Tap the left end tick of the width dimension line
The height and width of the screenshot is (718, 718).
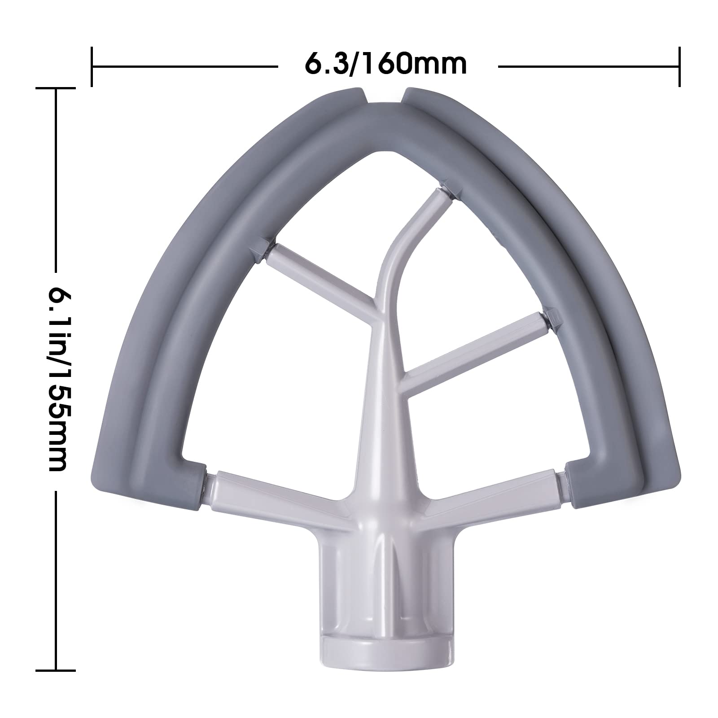[92, 66]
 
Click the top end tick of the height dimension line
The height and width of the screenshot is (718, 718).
[56, 89]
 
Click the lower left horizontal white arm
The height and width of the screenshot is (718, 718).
[269, 487]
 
